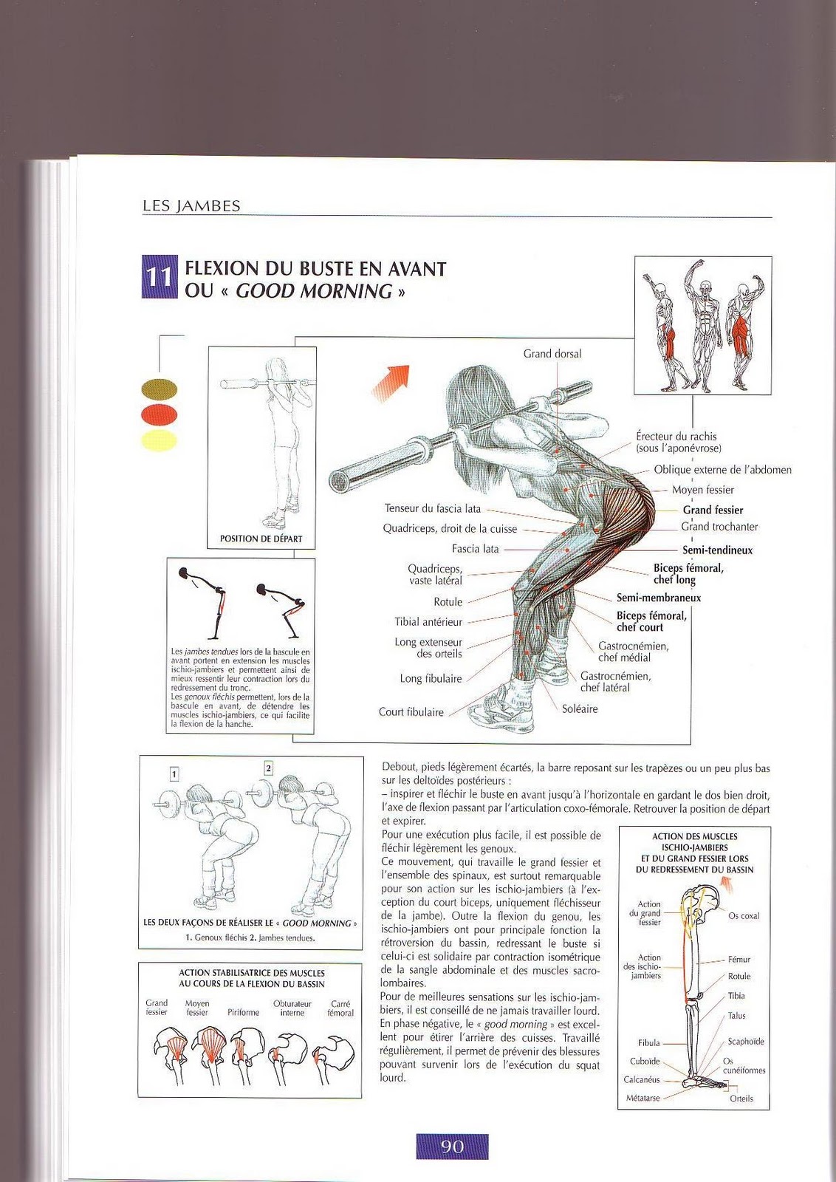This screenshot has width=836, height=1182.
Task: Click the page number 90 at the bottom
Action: click(452, 1146)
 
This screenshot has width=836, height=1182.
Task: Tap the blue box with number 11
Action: click(159, 277)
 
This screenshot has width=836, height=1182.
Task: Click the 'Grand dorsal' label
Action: click(552, 354)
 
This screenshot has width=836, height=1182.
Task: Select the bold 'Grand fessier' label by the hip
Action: click(713, 510)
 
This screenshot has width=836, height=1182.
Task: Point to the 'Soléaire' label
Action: click(580, 709)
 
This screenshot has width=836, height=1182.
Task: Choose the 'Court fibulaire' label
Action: click(411, 712)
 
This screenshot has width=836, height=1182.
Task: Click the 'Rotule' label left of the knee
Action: click(448, 602)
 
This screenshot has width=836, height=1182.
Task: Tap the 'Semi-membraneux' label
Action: click(659, 598)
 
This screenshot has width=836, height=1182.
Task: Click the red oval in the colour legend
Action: click(159, 414)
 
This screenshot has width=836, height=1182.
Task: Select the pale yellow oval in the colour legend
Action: click(159, 441)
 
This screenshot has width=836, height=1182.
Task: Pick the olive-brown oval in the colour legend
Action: click(159, 389)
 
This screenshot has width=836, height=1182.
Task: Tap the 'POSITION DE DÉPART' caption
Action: click(261, 539)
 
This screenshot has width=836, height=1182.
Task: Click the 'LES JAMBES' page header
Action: click(191, 206)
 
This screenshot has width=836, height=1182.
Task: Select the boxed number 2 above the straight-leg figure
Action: click(268, 768)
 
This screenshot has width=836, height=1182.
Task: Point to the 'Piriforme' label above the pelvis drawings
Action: click(243, 1012)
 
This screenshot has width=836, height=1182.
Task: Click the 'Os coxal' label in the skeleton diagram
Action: click(744, 916)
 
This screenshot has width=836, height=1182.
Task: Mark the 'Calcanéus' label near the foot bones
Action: click(641, 1079)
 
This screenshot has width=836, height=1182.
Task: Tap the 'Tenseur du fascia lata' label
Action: click(432, 508)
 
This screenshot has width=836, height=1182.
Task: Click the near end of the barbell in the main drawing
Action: click(340, 481)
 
